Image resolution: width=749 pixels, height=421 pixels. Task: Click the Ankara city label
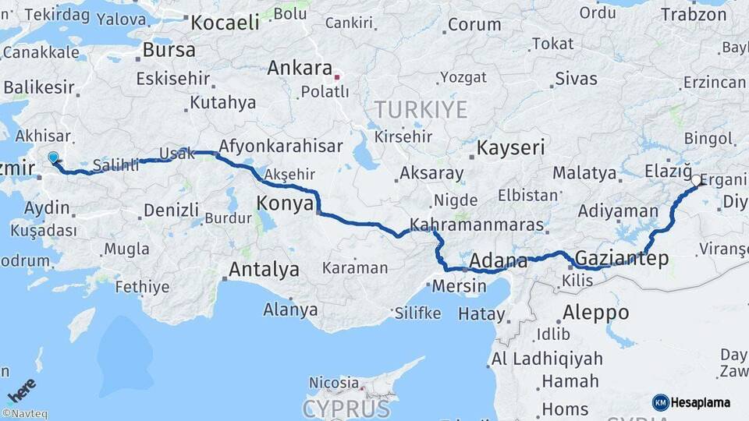(x=300, y=69)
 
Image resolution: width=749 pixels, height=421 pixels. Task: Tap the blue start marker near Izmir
(x=53, y=158)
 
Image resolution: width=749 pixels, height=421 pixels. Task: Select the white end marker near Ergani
(x=695, y=181)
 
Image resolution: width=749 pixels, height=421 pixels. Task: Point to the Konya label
(x=284, y=204)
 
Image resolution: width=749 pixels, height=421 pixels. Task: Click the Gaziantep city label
(x=621, y=259)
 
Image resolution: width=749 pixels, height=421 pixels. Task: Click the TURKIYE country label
(x=421, y=109)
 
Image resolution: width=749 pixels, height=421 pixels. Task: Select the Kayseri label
(x=510, y=147)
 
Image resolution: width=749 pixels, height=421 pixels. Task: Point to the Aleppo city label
(x=595, y=313)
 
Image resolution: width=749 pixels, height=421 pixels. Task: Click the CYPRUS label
(x=346, y=409)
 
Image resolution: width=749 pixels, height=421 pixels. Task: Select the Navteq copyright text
(x=24, y=414)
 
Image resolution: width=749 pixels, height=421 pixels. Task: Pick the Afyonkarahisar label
(x=280, y=146)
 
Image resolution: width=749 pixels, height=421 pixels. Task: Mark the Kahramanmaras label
(x=476, y=224)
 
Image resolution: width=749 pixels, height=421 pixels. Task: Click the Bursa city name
(x=169, y=51)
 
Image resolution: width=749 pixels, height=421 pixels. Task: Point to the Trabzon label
(x=693, y=14)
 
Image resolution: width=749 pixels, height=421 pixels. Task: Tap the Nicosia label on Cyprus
(x=334, y=383)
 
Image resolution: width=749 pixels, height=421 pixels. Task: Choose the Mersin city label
(x=459, y=286)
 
